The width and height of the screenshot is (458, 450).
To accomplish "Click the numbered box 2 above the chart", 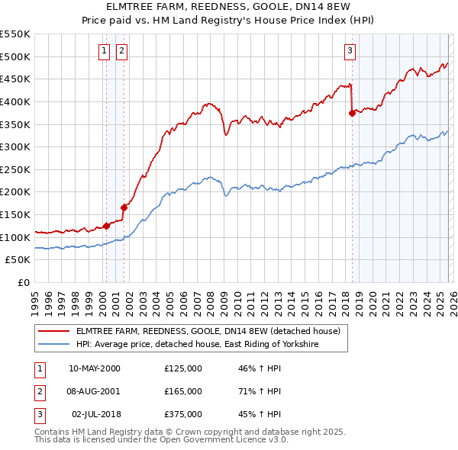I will [x=121, y=51].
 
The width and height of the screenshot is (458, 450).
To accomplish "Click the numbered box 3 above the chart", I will [x=350, y=51].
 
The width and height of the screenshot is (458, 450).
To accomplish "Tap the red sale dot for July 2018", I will [x=352, y=113].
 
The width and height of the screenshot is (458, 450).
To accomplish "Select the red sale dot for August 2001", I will [x=124, y=207].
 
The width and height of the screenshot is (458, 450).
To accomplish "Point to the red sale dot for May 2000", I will [x=107, y=225].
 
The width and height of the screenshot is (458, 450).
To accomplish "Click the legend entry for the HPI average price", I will [x=196, y=345].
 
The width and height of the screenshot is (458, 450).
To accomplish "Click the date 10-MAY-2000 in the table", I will [x=95, y=368].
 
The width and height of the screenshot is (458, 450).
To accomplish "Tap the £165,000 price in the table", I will [x=183, y=391].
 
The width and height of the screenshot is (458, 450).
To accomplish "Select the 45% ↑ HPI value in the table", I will [x=260, y=414].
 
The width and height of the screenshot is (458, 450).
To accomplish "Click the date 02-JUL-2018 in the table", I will [x=95, y=414].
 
